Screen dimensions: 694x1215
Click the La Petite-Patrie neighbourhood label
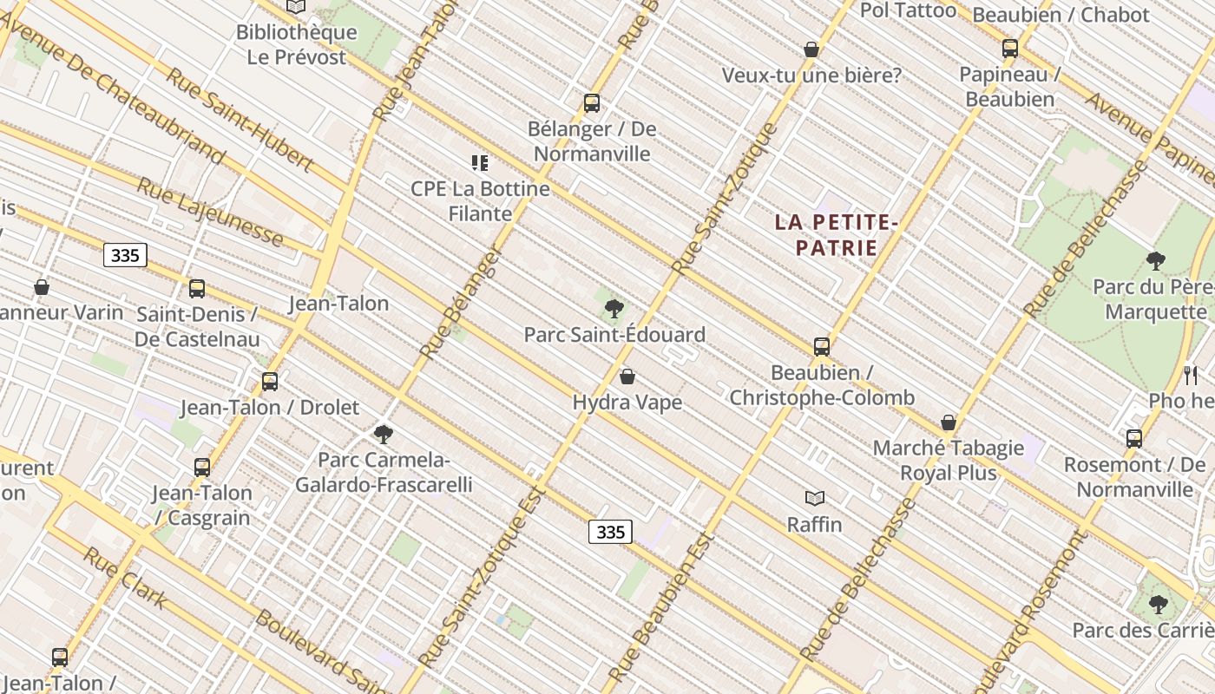837,235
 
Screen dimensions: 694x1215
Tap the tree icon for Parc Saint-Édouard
614,307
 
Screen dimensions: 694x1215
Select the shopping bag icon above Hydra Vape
627,376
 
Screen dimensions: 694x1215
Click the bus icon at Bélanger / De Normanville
592,103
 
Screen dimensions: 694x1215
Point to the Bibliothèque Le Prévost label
297,44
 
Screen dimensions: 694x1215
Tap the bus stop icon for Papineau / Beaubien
1009,49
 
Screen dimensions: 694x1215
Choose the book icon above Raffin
814,498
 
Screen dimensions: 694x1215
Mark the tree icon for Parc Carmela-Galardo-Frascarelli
383,434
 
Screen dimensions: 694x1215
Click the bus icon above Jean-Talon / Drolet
270,381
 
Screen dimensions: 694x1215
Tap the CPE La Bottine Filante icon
480,162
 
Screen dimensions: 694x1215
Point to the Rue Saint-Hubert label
240,119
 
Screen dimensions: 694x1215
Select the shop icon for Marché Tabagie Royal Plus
949,422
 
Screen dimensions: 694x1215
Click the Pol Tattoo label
908,10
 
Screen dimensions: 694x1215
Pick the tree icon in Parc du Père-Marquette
1155,259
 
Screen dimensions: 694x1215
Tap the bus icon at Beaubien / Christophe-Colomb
821,347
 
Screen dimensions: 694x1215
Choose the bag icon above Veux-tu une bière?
811,49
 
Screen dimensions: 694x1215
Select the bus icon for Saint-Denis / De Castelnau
197,289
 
